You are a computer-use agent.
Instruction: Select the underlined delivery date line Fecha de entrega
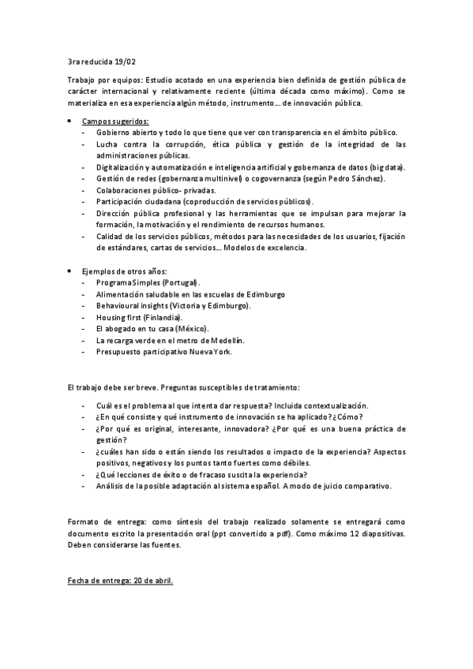pos(121,581)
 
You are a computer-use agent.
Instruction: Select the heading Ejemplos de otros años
pos(125,271)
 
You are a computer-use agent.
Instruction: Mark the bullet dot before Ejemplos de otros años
pos(70,271)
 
